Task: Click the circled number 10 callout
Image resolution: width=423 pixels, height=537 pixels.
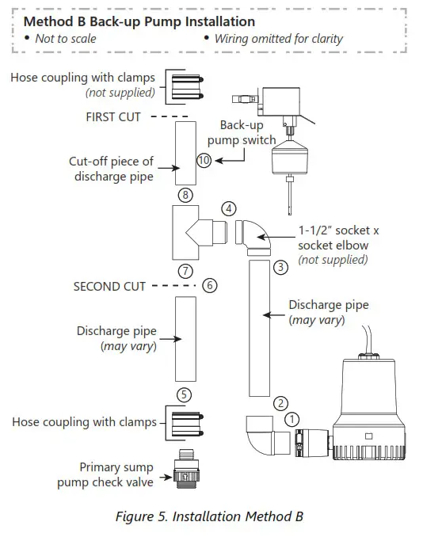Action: tap(204, 159)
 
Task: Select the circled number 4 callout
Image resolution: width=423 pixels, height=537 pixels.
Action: tap(229, 209)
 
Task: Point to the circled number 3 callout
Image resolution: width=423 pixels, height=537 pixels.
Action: tap(280, 268)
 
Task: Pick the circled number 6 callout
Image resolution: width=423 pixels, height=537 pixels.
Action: tap(209, 285)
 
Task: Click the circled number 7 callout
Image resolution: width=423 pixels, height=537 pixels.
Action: tap(185, 270)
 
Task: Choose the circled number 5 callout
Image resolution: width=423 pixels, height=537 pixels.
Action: tap(185, 394)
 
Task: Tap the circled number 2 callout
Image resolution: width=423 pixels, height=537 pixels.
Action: tap(280, 404)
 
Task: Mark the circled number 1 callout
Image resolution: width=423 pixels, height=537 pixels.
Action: tap(292, 418)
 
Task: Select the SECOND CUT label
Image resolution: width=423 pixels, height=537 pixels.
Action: tap(109, 286)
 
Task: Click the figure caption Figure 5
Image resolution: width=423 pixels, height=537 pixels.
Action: tap(210, 517)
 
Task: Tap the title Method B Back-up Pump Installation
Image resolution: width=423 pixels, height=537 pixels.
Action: tap(139, 21)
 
